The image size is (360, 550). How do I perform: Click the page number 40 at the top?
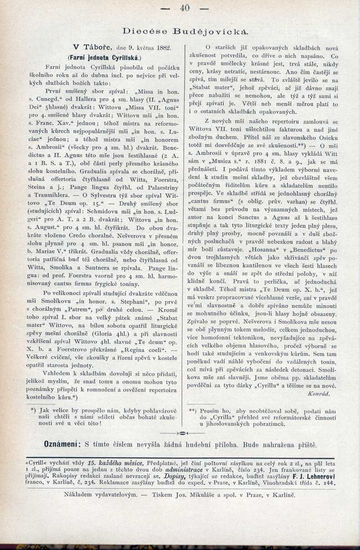click(x=185, y=8)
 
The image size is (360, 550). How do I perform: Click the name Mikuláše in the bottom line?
click(x=213, y=495)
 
